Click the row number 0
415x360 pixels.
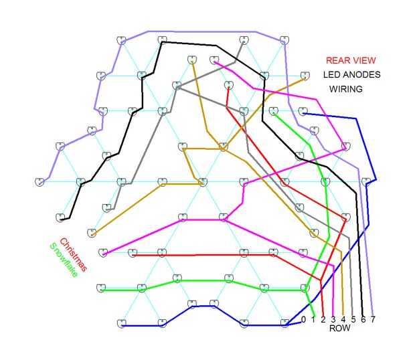303,319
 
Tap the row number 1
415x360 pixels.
313,319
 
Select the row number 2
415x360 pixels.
323,319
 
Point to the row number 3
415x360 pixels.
333,319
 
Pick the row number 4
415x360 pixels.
343,319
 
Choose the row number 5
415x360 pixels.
353,319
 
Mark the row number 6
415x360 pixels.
363,319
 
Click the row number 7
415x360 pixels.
373,319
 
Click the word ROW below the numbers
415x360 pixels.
339,329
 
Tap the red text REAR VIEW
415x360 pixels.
351,60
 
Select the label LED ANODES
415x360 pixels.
351,75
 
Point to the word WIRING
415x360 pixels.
346,89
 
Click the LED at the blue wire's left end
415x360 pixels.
121,323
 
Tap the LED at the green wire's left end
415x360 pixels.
100,288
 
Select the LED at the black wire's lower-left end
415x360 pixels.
61,217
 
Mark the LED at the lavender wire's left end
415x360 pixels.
41,181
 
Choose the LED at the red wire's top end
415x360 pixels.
228,85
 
